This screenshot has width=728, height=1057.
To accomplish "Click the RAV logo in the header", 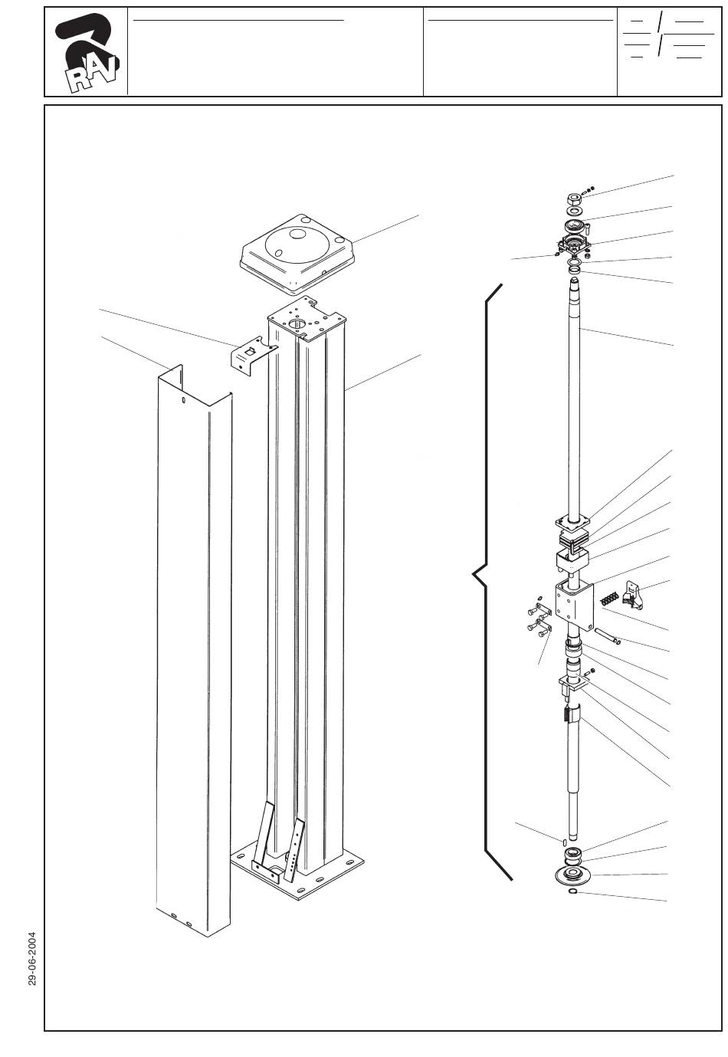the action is (x=87, y=52).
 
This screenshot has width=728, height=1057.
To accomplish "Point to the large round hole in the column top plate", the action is (x=297, y=323).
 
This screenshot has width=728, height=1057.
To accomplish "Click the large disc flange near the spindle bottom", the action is (x=573, y=875).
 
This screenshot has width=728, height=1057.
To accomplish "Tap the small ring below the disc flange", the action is (x=572, y=891).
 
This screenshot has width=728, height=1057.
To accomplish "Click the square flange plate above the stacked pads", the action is (x=572, y=523).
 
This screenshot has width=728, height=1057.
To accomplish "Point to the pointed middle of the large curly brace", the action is (x=474, y=574).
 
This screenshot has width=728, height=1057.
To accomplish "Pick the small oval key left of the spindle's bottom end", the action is (x=564, y=842).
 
